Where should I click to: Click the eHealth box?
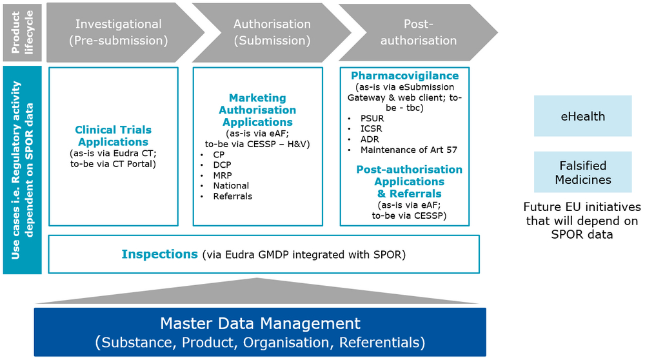[582, 116]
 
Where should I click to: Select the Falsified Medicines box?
[582, 172]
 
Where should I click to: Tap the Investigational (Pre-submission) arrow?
[123, 32]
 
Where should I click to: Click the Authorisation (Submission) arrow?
[272, 32]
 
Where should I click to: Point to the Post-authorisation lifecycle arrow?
[417, 32]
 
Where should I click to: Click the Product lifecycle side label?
[22, 32]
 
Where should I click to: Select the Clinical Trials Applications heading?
[113, 135]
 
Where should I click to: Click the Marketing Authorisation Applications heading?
[257, 110]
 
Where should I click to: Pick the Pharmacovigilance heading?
[404, 75]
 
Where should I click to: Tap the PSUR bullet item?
[372, 119]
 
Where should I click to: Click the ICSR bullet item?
[371, 129]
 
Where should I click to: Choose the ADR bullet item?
[370, 139]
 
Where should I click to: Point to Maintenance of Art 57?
[408, 150]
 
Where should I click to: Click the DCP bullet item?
[222, 165]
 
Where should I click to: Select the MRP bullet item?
[222, 175]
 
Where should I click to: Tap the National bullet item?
[231, 186]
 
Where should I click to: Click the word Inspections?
[159, 254]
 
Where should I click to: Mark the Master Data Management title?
[260, 323]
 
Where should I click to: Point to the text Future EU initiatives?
[582, 206]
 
